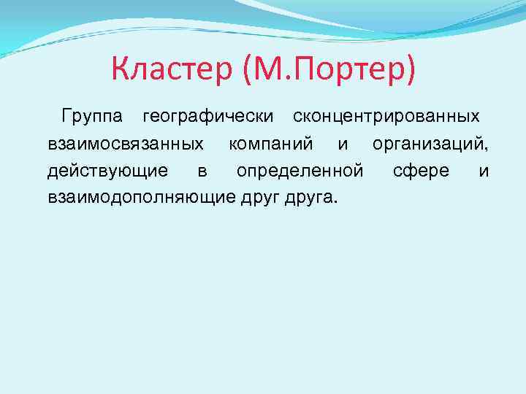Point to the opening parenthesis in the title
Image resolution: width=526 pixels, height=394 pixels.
[242, 70]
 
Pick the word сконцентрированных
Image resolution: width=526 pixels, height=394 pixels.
[386, 117]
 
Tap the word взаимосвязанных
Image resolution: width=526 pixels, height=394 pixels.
[125, 144]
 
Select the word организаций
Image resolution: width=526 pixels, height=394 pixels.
[430, 144]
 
